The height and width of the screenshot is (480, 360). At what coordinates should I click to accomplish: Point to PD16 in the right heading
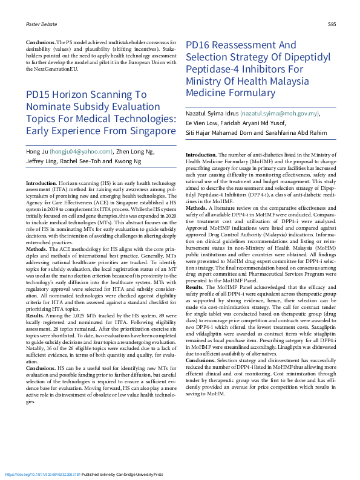coord(198,45)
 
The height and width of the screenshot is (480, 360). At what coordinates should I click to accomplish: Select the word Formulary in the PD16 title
coord(241,94)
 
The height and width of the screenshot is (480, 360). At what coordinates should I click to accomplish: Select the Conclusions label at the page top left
coord(40,42)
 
